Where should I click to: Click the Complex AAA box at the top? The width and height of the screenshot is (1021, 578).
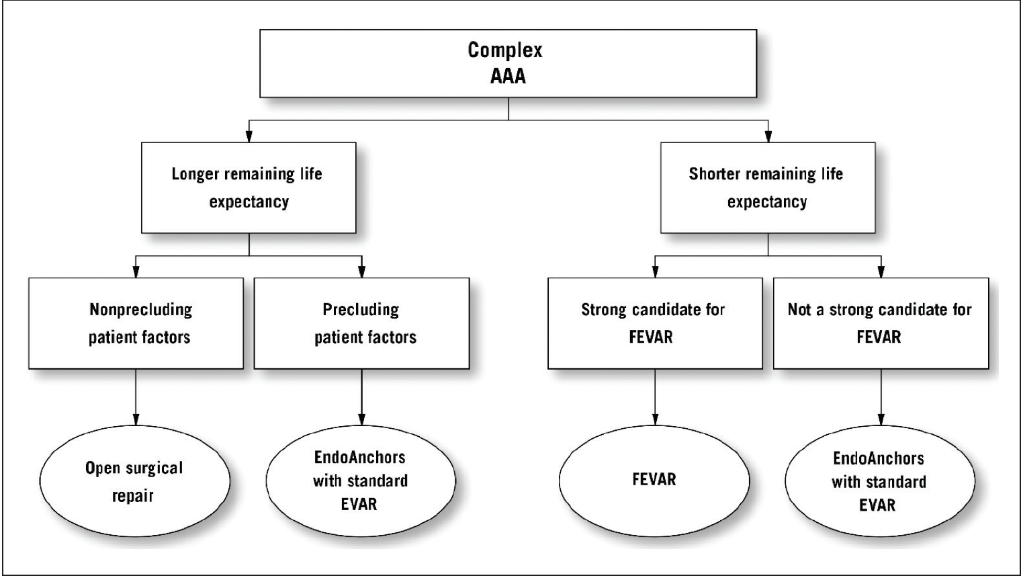coord(508,63)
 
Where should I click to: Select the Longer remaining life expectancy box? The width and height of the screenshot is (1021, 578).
coord(249,188)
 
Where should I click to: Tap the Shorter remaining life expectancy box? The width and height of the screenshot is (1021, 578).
coord(767,188)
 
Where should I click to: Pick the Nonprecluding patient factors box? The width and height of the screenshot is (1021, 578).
coord(136,323)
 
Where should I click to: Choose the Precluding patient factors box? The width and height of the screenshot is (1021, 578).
coord(361,323)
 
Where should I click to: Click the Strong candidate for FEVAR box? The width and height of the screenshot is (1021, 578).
coord(654,323)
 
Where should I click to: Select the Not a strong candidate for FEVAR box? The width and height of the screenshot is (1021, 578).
coord(881,323)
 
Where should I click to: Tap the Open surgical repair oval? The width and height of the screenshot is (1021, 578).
coord(134,481)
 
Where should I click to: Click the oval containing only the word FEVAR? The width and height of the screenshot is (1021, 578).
coord(654,480)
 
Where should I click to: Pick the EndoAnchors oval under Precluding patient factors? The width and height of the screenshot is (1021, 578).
coord(361,481)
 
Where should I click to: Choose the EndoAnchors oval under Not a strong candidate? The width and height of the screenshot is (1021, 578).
coord(879,481)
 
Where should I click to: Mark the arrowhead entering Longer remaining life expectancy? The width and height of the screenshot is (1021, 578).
coord(249,136)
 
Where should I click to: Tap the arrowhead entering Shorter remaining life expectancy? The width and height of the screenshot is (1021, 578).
coord(768,136)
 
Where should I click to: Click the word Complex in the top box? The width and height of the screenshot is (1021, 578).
coord(505,50)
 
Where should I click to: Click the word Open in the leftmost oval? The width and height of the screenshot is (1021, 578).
coord(102,468)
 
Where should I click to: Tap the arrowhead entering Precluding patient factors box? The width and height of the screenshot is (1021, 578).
coord(362,272)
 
